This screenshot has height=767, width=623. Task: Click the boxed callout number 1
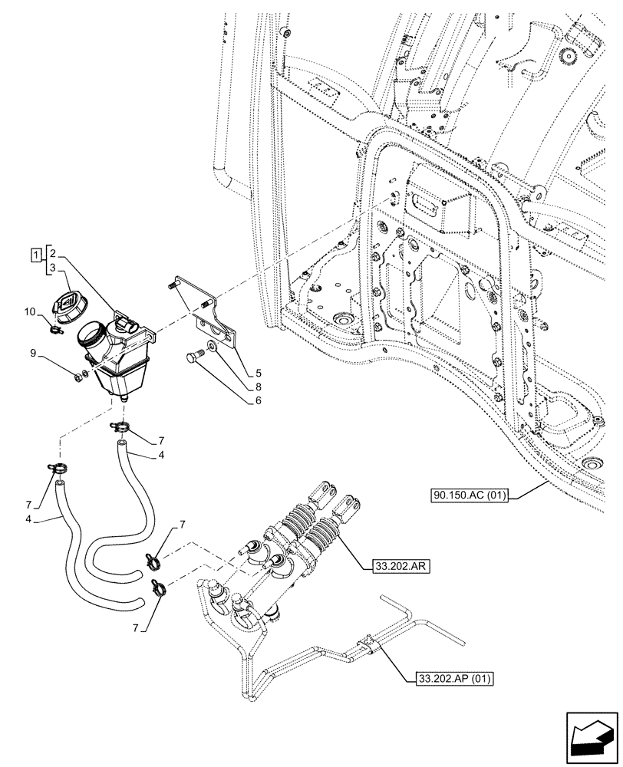coord(36,254)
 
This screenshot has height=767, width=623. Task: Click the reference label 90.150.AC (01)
coord(468,495)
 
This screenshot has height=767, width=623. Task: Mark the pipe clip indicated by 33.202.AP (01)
coord(370,643)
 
